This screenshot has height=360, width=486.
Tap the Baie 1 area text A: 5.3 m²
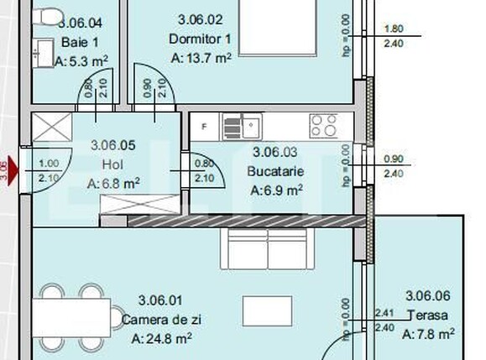pyautogui.click(x=81, y=61)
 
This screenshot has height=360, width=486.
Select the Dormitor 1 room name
pyautogui.click(x=200, y=38)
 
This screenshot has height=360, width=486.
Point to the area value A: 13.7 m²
pyautogui.click(x=200, y=59)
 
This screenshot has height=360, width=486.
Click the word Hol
pyautogui.click(x=112, y=164)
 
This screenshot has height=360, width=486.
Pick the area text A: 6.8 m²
pyautogui.click(x=112, y=183)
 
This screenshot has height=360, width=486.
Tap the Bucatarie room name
pyautogui.click(x=275, y=170)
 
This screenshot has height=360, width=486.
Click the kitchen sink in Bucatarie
pyautogui.click(x=243, y=128)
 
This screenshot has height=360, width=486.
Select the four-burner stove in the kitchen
pyautogui.click(x=323, y=126)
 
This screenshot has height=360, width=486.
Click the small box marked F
pyautogui.click(x=204, y=127)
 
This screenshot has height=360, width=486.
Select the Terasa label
pyautogui.click(x=427, y=316)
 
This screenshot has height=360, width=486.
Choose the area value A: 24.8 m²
pyautogui.click(x=162, y=339)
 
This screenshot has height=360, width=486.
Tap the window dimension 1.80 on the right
pyautogui.click(x=392, y=29)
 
